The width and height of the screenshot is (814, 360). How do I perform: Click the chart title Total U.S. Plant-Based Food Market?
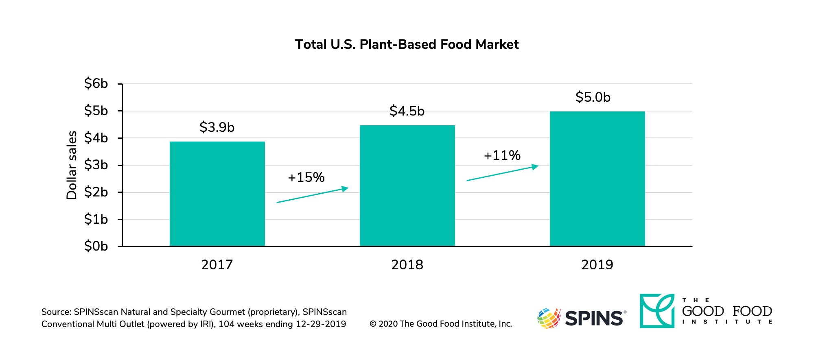(407, 44)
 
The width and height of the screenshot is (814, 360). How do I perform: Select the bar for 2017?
(217, 194)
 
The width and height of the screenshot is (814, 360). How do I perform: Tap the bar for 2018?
(407, 185)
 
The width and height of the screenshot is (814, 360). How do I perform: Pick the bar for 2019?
(597, 179)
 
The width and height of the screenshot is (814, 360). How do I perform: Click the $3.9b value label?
(217, 127)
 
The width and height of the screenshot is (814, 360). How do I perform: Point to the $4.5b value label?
(407, 111)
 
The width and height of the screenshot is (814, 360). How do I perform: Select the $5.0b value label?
(593, 97)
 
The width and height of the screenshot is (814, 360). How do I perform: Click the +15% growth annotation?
(306, 177)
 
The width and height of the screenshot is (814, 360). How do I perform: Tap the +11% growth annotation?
(502, 155)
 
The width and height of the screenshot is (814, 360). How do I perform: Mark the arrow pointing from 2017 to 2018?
(312, 195)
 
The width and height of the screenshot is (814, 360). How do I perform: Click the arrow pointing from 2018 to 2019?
(502, 173)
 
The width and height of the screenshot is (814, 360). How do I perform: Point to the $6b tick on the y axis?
(96, 83)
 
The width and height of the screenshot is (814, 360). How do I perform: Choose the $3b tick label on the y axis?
(96, 165)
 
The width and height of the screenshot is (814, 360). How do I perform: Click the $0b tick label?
(96, 246)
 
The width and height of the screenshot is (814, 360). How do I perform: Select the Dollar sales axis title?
(72, 165)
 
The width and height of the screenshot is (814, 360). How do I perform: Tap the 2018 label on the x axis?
(407, 265)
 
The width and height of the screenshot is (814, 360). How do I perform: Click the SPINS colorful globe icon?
(549, 318)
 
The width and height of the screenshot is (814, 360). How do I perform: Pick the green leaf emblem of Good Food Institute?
(657, 311)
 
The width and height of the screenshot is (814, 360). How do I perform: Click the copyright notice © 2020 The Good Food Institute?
(440, 324)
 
